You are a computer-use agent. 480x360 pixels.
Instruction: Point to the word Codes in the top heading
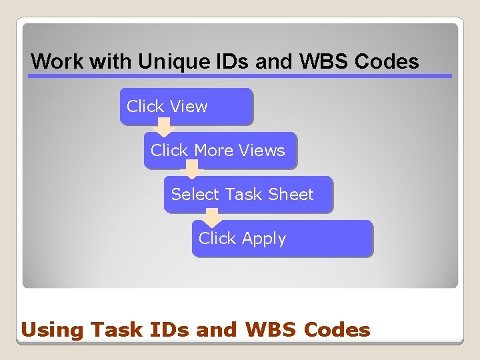click(x=387, y=62)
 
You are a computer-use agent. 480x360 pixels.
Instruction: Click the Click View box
click(x=187, y=107)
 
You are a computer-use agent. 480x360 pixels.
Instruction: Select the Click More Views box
click(x=220, y=151)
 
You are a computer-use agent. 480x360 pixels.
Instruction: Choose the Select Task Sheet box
click(x=248, y=195)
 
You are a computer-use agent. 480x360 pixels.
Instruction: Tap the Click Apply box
click(x=282, y=239)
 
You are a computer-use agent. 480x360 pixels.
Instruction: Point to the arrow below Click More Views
click(x=192, y=172)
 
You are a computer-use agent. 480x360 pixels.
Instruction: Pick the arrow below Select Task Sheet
click(x=212, y=217)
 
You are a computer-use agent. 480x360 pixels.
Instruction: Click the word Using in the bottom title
click(x=53, y=330)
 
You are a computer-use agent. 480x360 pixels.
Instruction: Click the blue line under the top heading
click(x=240, y=76)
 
